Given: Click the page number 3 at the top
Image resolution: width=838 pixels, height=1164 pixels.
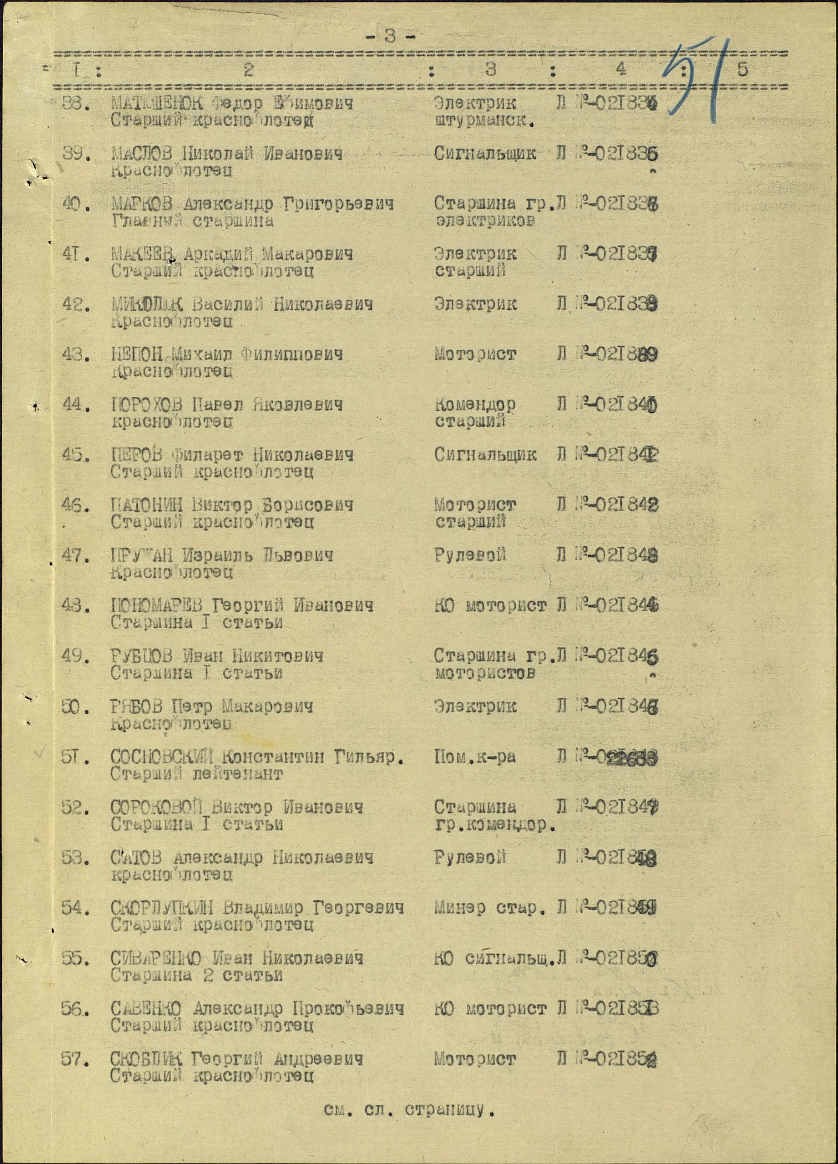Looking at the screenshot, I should pyautogui.click(x=391, y=37).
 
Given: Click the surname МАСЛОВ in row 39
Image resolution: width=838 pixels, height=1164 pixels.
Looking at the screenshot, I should pyautogui.click(x=142, y=154).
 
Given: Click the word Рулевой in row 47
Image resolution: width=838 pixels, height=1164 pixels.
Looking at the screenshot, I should pyautogui.click(x=470, y=555).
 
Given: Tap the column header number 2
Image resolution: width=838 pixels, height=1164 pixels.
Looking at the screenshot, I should pyautogui.click(x=248, y=70).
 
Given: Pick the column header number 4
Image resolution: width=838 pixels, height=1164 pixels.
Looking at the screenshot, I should pyautogui.click(x=621, y=70).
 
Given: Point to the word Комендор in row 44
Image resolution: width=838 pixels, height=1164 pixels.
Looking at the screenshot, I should pyautogui.click(x=475, y=405).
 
